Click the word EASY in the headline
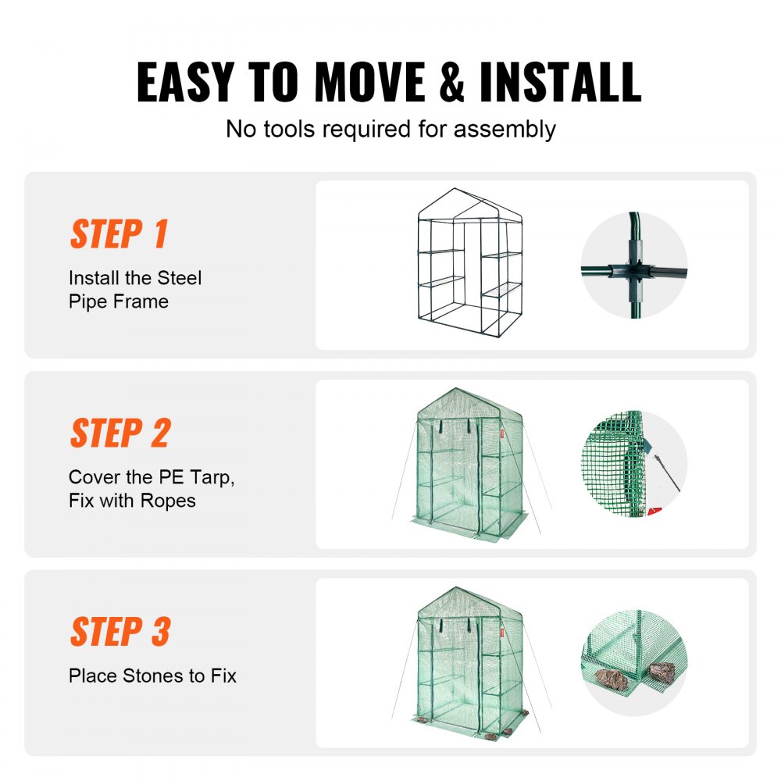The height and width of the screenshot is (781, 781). (x=185, y=81)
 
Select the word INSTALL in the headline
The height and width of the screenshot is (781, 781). (x=560, y=81)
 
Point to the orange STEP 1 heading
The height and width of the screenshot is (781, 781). (x=119, y=234)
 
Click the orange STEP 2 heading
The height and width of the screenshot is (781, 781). (x=119, y=433)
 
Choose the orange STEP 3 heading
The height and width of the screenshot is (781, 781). (x=119, y=632)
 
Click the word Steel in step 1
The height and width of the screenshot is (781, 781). (x=179, y=278)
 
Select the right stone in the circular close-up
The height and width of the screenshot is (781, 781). (x=663, y=671)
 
